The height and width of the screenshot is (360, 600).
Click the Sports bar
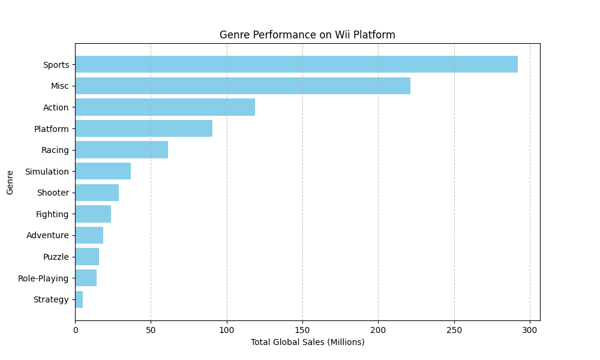coord(296,64)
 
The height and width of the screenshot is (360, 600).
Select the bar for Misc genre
coord(242,86)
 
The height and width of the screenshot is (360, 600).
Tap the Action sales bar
coord(165,107)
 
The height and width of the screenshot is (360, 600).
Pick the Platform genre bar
coord(143,128)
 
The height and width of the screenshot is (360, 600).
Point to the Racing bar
coord(121,150)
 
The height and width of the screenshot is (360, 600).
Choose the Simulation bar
coord(103,171)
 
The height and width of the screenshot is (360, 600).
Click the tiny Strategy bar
coord(79,299)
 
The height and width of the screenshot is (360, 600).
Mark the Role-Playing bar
coord(86,278)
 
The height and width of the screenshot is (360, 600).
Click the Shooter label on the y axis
coord(53,193)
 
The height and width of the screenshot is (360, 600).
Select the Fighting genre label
coord(52,214)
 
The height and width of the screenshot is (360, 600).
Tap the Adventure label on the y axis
coord(47,235)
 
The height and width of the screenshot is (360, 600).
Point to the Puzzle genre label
coord(56,257)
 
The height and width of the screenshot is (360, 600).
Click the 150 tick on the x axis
coord(302,329)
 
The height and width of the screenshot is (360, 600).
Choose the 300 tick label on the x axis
coord(530,329)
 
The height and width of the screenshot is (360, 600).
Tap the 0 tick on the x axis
coord(75,329)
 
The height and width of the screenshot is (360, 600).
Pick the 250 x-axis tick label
coord(454,329)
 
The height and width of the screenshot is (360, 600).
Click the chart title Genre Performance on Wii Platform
coord(307,35)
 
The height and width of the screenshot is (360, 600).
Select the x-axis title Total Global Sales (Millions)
coord(307,342)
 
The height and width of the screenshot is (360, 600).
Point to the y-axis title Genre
coord(10,182)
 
